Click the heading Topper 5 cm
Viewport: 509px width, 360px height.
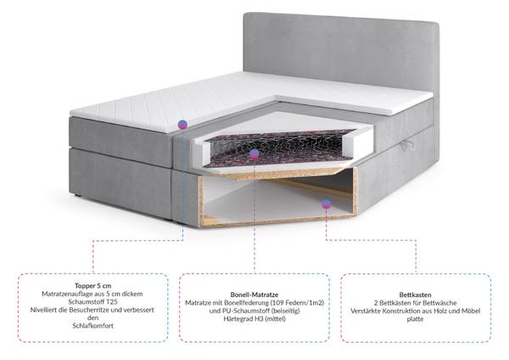(92, 286)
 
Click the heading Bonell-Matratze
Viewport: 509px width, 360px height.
(255, 295)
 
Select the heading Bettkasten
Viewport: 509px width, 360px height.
(415, 295)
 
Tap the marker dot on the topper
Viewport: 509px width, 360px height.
(182, 124)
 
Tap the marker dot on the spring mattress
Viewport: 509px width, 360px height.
(255, 154)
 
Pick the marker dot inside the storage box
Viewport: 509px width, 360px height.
(327, 204)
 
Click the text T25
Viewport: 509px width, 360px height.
(112, 302)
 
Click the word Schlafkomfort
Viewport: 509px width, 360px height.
(92, 326)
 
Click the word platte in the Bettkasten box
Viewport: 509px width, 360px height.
(415, 319)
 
